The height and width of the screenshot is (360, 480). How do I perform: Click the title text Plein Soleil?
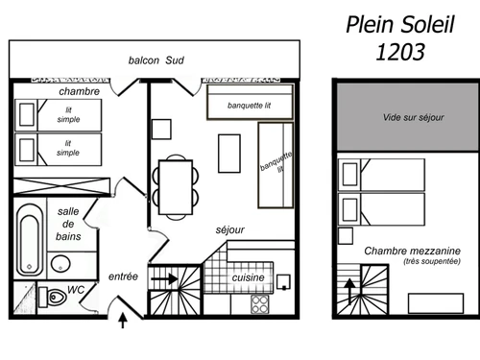[401, 23]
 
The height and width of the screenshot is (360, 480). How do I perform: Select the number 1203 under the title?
[399, 54]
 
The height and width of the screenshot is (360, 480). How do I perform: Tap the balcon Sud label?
[156, 60]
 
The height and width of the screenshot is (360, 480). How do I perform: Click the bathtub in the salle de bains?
[31, 238]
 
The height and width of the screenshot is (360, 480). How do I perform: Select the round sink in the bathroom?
[60, 266]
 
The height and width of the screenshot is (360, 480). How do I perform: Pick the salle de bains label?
[69, 224]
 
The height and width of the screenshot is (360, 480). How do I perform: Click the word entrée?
[123, 276]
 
